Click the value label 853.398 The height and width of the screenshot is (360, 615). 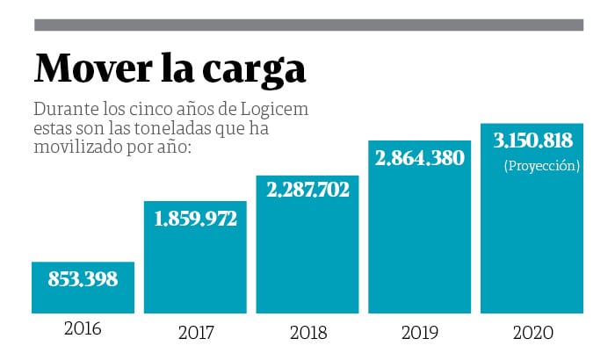(83, 279)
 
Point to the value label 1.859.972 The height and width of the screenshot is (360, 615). (194, 219)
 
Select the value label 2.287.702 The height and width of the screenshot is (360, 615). (307, 190)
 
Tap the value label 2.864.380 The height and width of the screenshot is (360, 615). (419, 158)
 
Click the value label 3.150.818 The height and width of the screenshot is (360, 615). (532, 140)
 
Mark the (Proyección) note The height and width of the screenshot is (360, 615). (542, 165)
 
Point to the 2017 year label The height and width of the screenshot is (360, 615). (195, 334)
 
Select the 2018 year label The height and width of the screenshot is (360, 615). (307, 334)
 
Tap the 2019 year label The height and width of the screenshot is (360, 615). (419, 334)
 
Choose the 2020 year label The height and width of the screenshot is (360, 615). (532, 334)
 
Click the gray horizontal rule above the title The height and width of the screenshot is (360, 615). (307, 25)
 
